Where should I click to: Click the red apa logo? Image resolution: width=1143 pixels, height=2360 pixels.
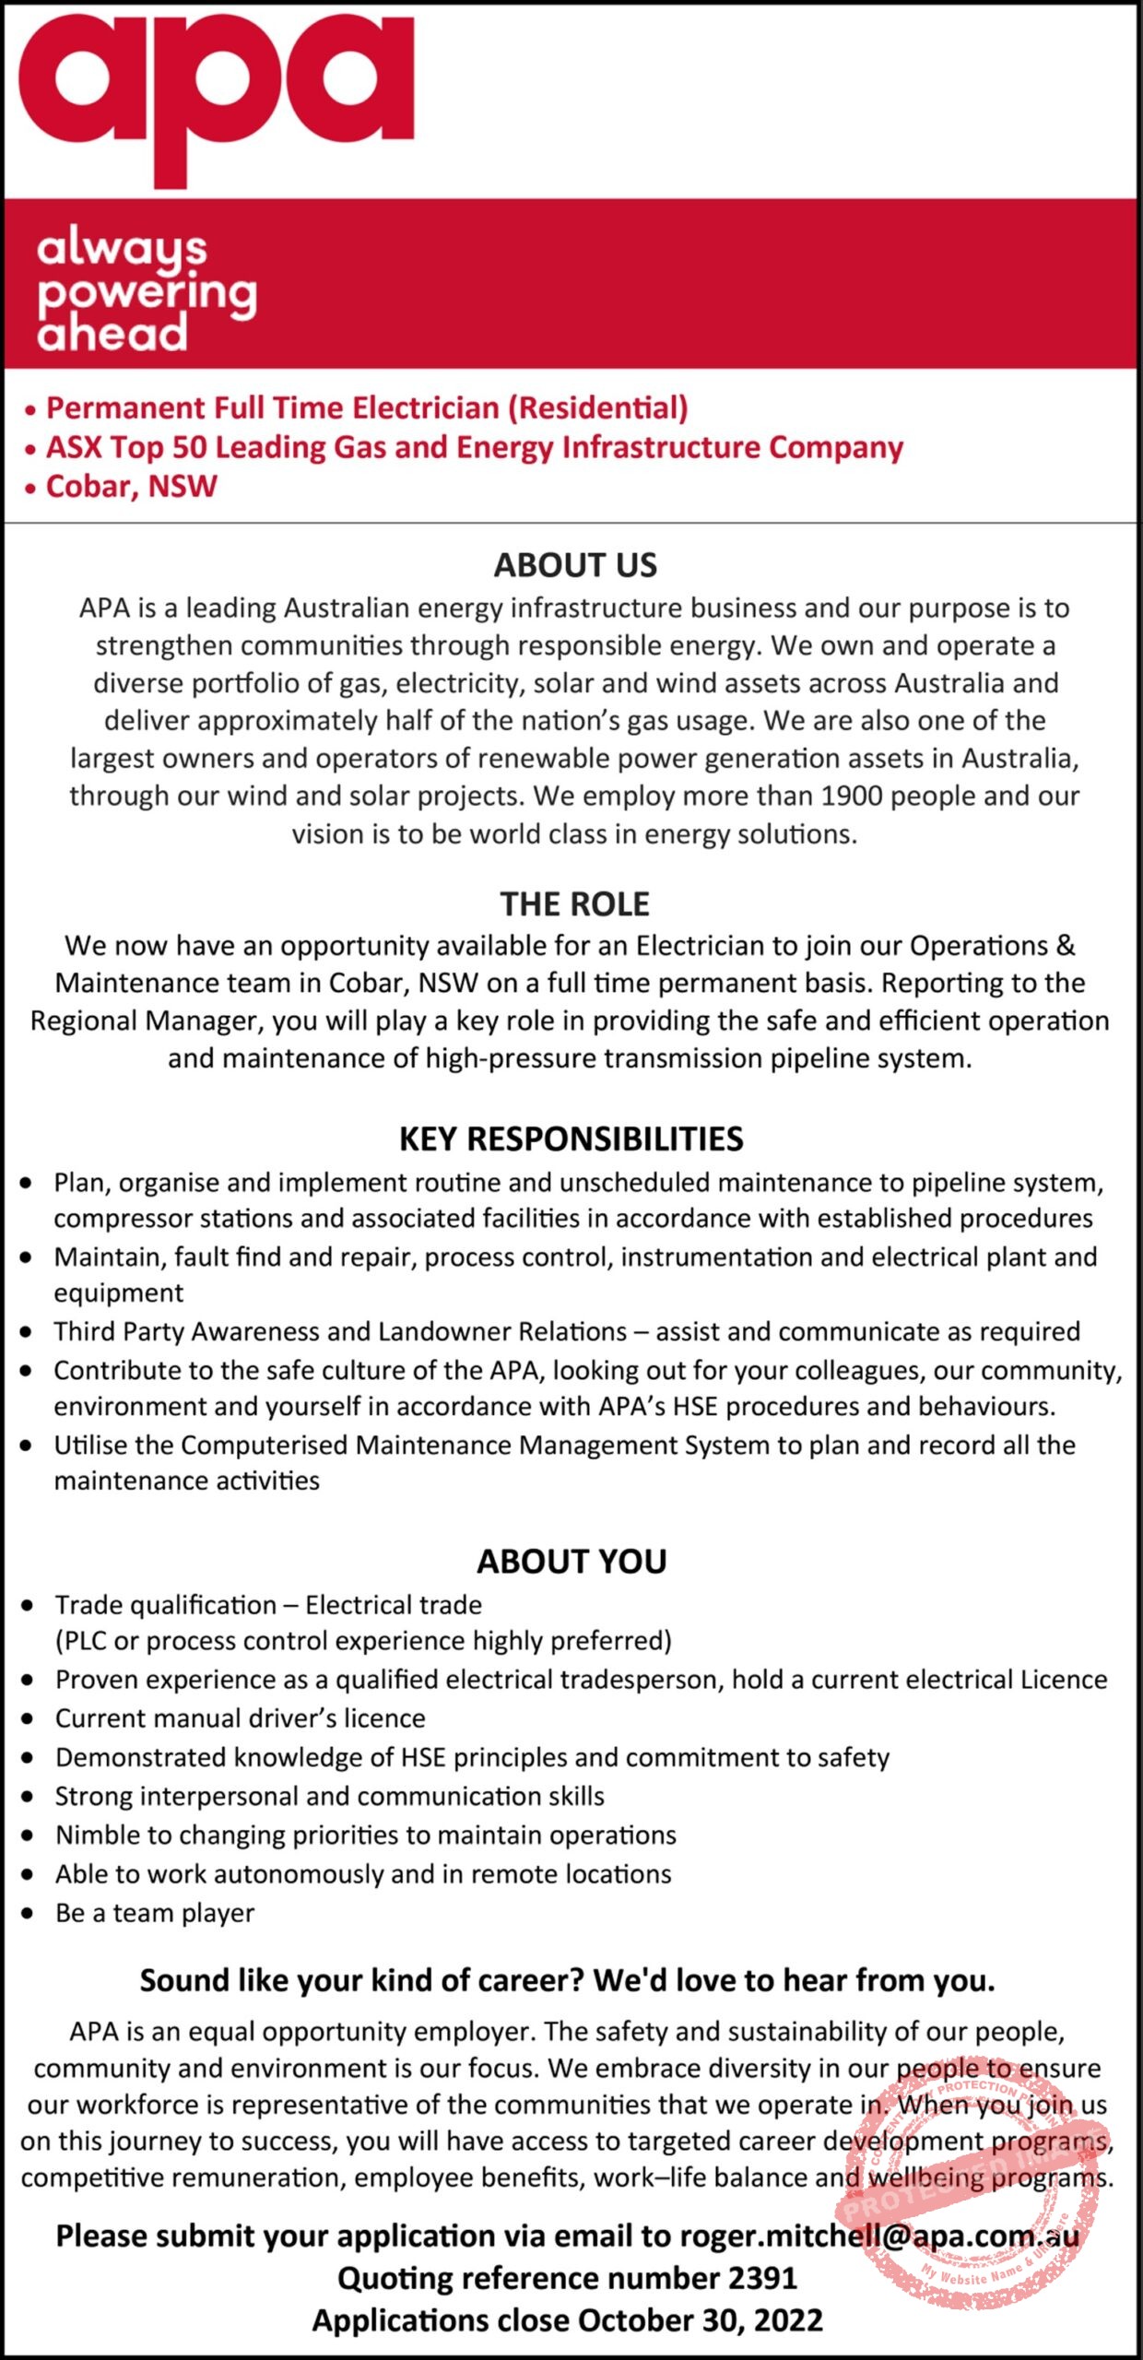pyautogui.click(x=217, y=92)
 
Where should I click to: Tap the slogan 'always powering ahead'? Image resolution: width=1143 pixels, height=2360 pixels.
pyautogui.click(x=146, y=290)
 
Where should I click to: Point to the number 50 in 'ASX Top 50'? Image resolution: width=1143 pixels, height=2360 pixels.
pyautogui.click(x=189, y=447)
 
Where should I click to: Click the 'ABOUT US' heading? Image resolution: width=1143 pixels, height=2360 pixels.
pyautogui.click(x=575, y=565)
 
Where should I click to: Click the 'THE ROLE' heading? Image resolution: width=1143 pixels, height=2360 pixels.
pyautogui.click(x=574, y=904)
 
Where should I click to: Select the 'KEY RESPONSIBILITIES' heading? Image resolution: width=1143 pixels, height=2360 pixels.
pyautogui.click(x=571, y=1139)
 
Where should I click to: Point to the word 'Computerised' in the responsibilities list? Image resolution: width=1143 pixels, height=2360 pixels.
pyautogui.click(x=264, y=1445)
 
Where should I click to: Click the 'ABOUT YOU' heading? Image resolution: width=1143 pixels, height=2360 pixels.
pyautogui.click(x=571, y=1562)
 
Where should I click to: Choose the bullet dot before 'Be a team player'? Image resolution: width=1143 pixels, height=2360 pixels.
pyautogui.click(x=29, y=1913)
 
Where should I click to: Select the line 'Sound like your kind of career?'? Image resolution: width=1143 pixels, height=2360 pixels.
pyautogui.click(x=567, y=1980)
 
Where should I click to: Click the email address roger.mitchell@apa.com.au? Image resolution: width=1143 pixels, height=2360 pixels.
pyautogui.click(x=879, y=2236)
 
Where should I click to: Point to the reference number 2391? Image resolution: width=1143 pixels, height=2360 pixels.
pyautogui.click(x=762, y=2278)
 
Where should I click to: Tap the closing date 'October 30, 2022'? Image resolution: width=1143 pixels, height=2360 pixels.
pyautogui.click(x=700, y=2319)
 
